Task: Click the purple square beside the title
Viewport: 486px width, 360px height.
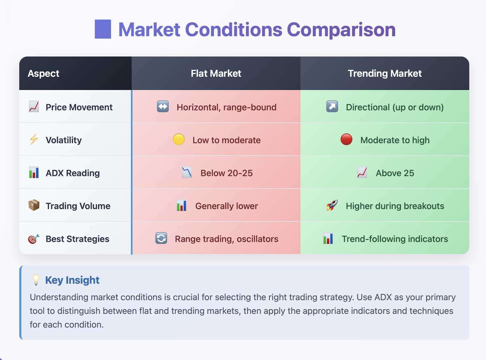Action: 103,29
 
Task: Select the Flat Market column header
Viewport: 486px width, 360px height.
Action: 216,74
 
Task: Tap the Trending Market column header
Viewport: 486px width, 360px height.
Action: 385,74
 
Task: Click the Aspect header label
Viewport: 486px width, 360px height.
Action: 43,74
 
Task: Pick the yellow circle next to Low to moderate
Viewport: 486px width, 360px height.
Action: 179,139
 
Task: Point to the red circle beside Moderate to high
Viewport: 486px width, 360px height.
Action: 346,139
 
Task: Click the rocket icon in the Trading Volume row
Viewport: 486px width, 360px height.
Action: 332,205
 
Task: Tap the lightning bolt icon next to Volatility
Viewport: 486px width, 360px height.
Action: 34,139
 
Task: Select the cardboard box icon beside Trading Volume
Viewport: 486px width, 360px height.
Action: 34,205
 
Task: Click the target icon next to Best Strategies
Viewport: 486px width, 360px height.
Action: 34,239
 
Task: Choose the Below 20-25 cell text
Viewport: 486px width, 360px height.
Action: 227,173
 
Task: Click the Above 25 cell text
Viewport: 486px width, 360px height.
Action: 395,173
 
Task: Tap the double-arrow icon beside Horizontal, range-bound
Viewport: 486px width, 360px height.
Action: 163,107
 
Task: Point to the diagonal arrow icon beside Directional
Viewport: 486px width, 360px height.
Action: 332,107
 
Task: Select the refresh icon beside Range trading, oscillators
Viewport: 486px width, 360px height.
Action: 161,238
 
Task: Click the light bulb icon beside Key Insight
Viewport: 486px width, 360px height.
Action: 36,280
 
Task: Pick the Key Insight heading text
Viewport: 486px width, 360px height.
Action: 72,280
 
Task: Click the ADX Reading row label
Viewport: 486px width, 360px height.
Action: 73,173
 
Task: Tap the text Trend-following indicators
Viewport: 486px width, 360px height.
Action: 395,239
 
